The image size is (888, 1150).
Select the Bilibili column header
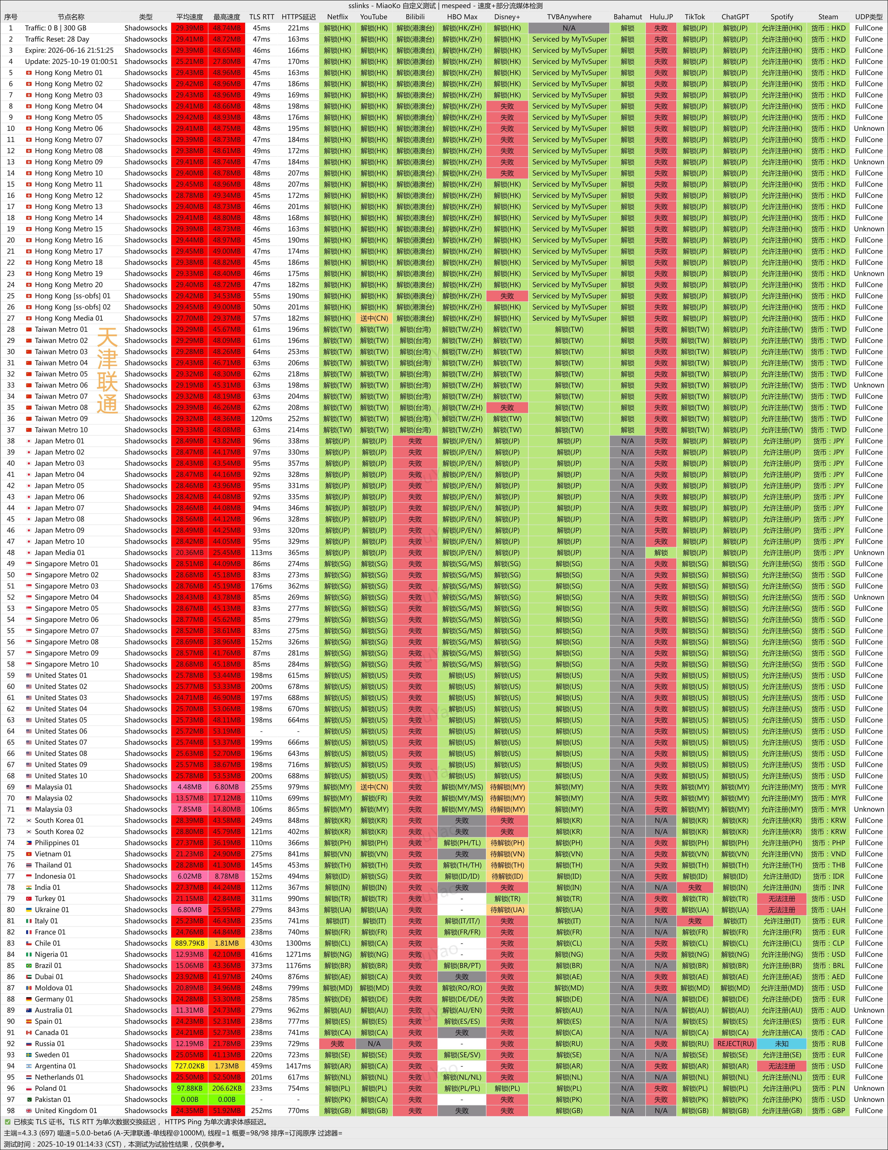coord(415,17)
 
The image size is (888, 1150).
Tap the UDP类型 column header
coord(869,17)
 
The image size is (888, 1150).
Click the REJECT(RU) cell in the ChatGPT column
coord(735,1044)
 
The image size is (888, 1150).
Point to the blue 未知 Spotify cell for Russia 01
coord(782,1044)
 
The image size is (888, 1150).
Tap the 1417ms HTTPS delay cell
coord(298,1066)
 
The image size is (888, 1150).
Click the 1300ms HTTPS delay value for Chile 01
coord(298,943)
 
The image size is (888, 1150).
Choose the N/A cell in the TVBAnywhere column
coord(569,28)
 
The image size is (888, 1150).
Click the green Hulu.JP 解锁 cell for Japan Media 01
coord(661,552)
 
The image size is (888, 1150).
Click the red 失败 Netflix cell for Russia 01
coord(337,1044)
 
